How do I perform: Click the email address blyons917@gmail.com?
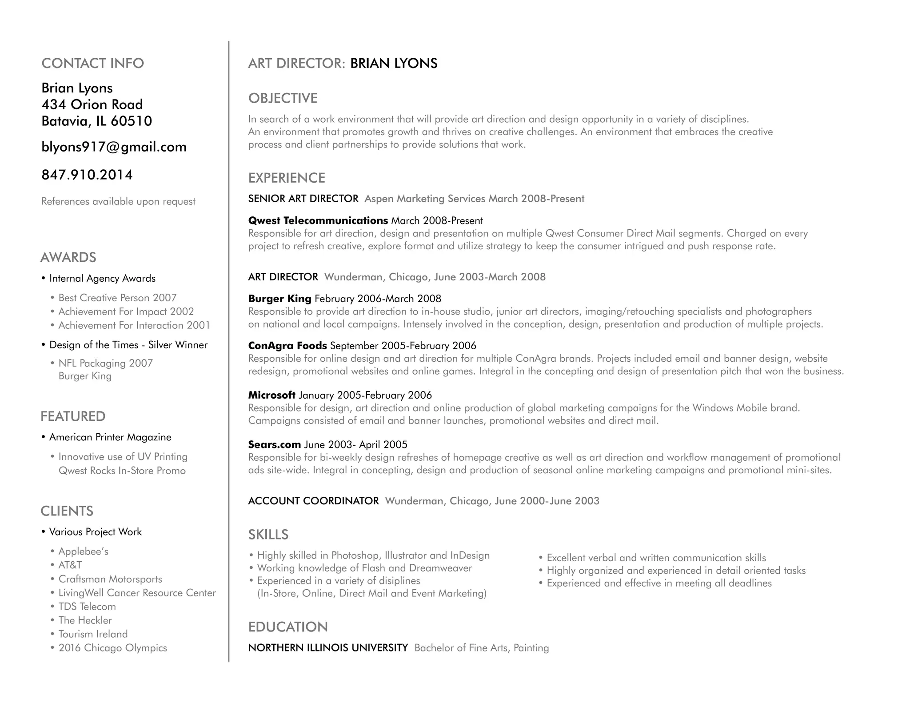point(114,147)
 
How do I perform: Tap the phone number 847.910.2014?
point(87,175)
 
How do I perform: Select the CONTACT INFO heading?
point(92,63)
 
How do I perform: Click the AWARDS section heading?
point(68,257)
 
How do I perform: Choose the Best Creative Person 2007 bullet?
point(117,298)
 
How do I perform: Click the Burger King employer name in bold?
point(279,299)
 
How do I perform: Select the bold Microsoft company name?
point(271,395)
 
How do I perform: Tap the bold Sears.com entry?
point(274,444)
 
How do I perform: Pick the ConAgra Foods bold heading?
point(287,346)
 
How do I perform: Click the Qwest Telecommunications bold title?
point(318,220)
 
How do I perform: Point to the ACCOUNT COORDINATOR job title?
point(313,501)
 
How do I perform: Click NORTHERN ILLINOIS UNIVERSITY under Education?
point(328,648)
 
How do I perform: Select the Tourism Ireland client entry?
point(93,634)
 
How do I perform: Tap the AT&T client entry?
point(70,565)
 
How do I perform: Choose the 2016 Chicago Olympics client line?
point(112,648)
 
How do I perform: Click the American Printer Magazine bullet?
point(110,437)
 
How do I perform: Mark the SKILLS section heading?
point(268,535)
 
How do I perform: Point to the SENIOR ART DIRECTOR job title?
point(303,199)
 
